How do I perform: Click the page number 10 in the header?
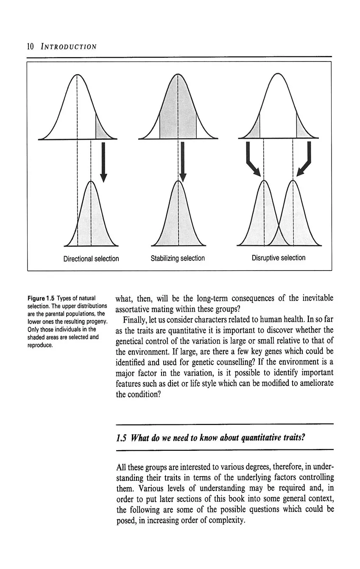30,46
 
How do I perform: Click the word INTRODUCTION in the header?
69,46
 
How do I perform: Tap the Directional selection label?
91,258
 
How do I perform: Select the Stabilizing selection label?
178,258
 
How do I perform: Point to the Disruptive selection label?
278,258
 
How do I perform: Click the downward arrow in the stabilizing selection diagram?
183,162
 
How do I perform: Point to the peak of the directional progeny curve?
91,181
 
